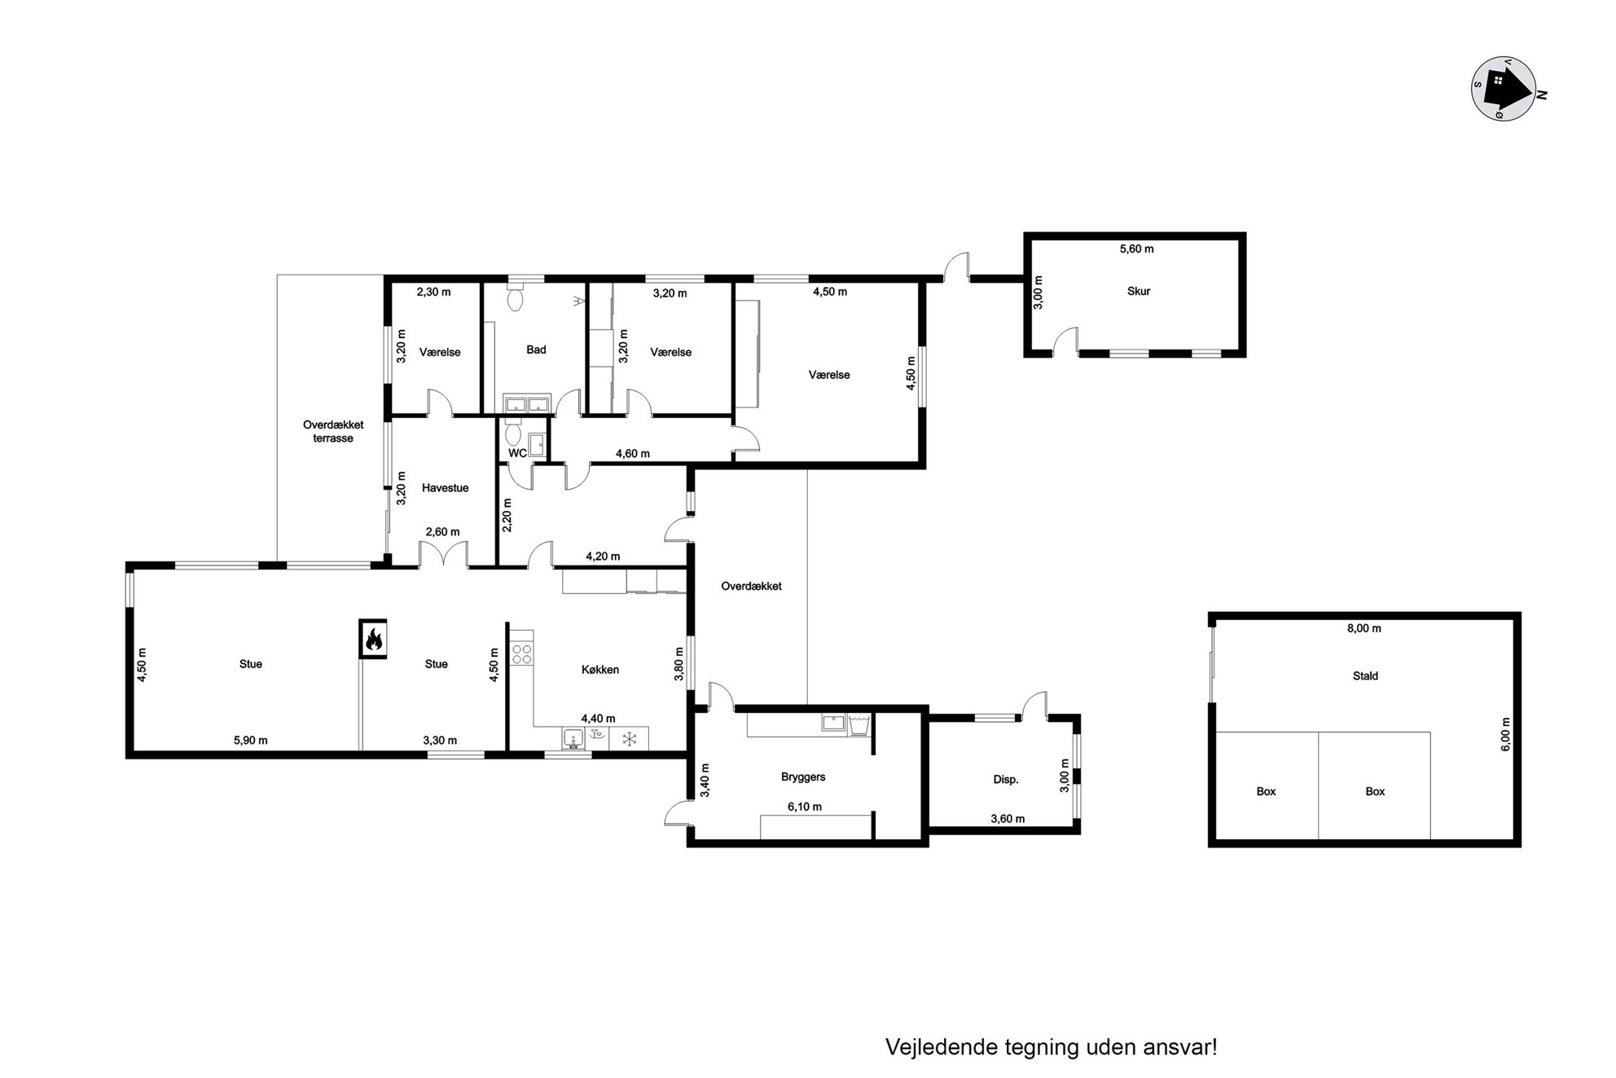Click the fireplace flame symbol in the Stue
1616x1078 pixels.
click(373, 639)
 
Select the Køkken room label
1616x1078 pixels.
click(600, 670)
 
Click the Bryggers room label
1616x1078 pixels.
click(803, 777)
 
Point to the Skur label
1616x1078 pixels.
click(1139, 291)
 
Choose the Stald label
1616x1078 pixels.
click(1366, 675)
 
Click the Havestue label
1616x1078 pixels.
click(446, 488)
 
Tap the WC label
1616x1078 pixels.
click(517, 453)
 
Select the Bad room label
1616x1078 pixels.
click(536, 350)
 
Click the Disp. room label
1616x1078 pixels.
click(1006, 780)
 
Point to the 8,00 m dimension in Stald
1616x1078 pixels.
click(1364, 628)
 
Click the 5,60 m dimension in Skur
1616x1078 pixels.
click(1137, 249)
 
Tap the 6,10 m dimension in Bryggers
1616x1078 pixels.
click(805, 807)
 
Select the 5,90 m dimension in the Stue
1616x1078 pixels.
click(251, 741)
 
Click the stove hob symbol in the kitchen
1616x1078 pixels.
click(521, 654)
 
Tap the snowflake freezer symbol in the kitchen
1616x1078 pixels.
click(629, 739)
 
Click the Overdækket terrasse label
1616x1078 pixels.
click(333, 431)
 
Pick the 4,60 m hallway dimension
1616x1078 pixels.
click(633, 454)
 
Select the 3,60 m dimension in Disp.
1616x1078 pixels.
click(1008, 819)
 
